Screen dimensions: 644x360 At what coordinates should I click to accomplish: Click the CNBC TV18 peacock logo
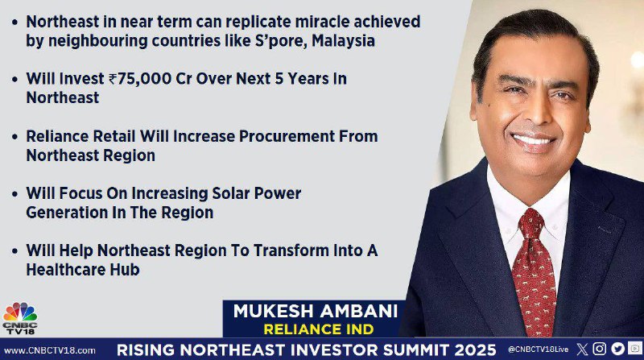pyautogui.click(x=19, y=318)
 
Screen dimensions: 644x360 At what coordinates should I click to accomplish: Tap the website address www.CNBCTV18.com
pyautogui.click(x=50, y=350)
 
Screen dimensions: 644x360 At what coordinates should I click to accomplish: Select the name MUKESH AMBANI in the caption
pyautogui.click(x=316, y=311)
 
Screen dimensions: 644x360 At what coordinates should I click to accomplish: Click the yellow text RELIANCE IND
pyautogui.click(x=319, y=329)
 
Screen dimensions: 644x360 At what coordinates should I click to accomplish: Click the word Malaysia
pyautogui.click(x=344, y=41)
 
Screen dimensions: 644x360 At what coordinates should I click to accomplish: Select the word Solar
pyautogui.click(x=231, y=193)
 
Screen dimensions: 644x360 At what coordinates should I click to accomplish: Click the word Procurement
pyautogui.click(x=287, y=136)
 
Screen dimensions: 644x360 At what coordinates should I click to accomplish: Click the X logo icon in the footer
pyautogui.click(x=582, y=350)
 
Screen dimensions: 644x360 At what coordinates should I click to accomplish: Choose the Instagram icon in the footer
pyautogui.click(x=599, y=349)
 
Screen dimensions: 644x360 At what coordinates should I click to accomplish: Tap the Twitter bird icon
pyautogui.click(x=617, y=349)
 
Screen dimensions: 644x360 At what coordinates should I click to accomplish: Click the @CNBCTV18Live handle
pyautogui.click(x=538, y=350)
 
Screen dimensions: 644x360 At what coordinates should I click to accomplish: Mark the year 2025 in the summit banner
pyautogui.click(x=475, y=350)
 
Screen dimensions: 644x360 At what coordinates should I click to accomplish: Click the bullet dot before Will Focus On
pyautogui.click(x=14, y=193)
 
